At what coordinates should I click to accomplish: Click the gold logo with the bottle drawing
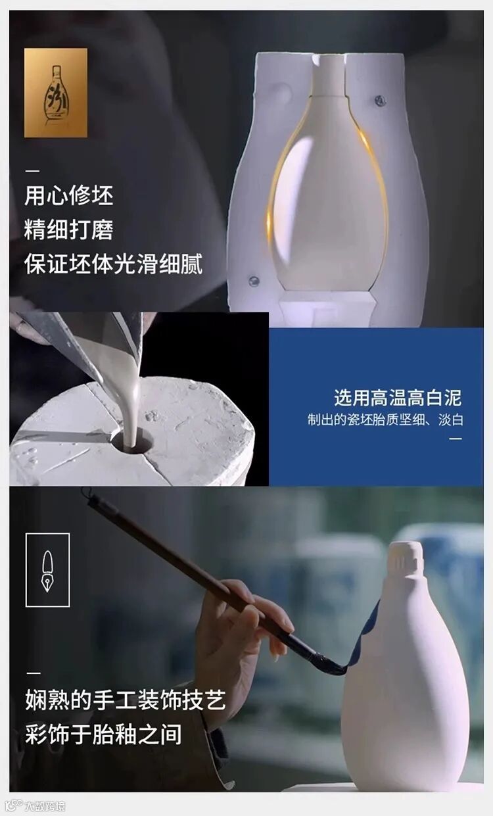pos(56,93)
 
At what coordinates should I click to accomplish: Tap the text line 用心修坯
pos(69,196)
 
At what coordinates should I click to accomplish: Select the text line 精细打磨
pos(69,229)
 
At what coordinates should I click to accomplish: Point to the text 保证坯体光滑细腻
pos(113,264)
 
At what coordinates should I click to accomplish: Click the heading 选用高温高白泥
pos(398,397)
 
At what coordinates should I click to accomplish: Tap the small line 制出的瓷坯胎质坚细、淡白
pos(385,420)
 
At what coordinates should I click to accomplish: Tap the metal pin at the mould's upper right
pos(380,101)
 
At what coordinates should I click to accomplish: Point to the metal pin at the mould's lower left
pos(254,281)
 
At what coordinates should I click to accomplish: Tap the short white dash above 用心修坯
pos(32,170)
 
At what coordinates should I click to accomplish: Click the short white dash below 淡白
pos(456,439)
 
